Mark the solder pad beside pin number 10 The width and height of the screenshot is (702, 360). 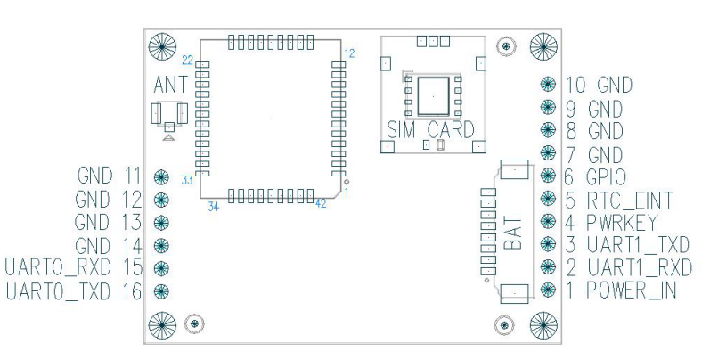tap(549, 85)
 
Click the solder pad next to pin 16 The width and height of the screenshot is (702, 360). tap(161, 289)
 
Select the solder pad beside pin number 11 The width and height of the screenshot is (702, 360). tap(161, 176)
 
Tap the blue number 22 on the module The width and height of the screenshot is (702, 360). tap(187, 61)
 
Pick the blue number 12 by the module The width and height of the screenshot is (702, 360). tap(349, 53)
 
